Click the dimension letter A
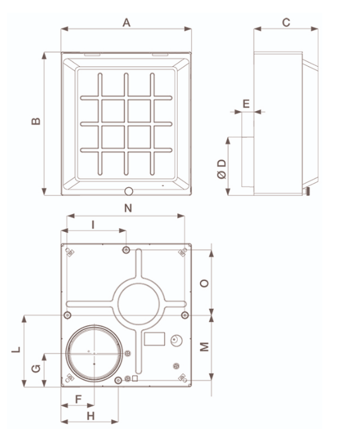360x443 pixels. [x=127, y=23]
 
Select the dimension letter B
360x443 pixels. [x=37, y=121]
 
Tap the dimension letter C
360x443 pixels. [x=286, y=23]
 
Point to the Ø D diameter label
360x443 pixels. [x=221, y=169]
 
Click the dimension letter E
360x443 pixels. [x=247, y=103]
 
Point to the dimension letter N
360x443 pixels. [x=129, y=207]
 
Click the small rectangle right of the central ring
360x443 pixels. [x=154, y=340]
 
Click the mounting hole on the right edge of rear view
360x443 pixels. [x=184, y=314]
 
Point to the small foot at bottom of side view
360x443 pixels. [x=308, y=191]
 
